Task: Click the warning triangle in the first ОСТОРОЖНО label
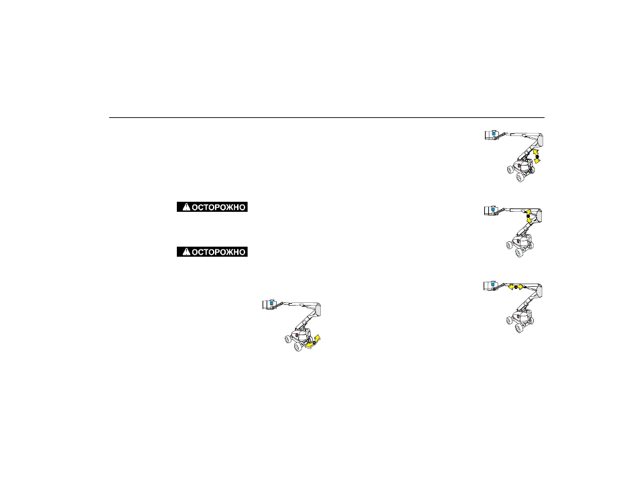[186, 207]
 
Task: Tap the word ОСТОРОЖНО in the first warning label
[218, 207]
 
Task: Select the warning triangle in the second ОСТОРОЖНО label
[186, 251]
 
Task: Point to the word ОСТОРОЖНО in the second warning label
[218, 252]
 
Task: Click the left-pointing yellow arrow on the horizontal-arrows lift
[510, 287]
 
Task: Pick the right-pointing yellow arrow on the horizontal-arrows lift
[520, 287]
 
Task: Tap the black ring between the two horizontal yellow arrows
[516, 287]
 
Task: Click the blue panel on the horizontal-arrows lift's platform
[493, 284]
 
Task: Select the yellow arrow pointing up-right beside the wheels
[317, 338]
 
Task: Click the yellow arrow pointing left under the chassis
[309, 346]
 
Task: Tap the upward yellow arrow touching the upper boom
[528, 212]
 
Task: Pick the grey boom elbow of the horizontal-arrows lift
[539, 290]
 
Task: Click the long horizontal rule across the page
[327, 117]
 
